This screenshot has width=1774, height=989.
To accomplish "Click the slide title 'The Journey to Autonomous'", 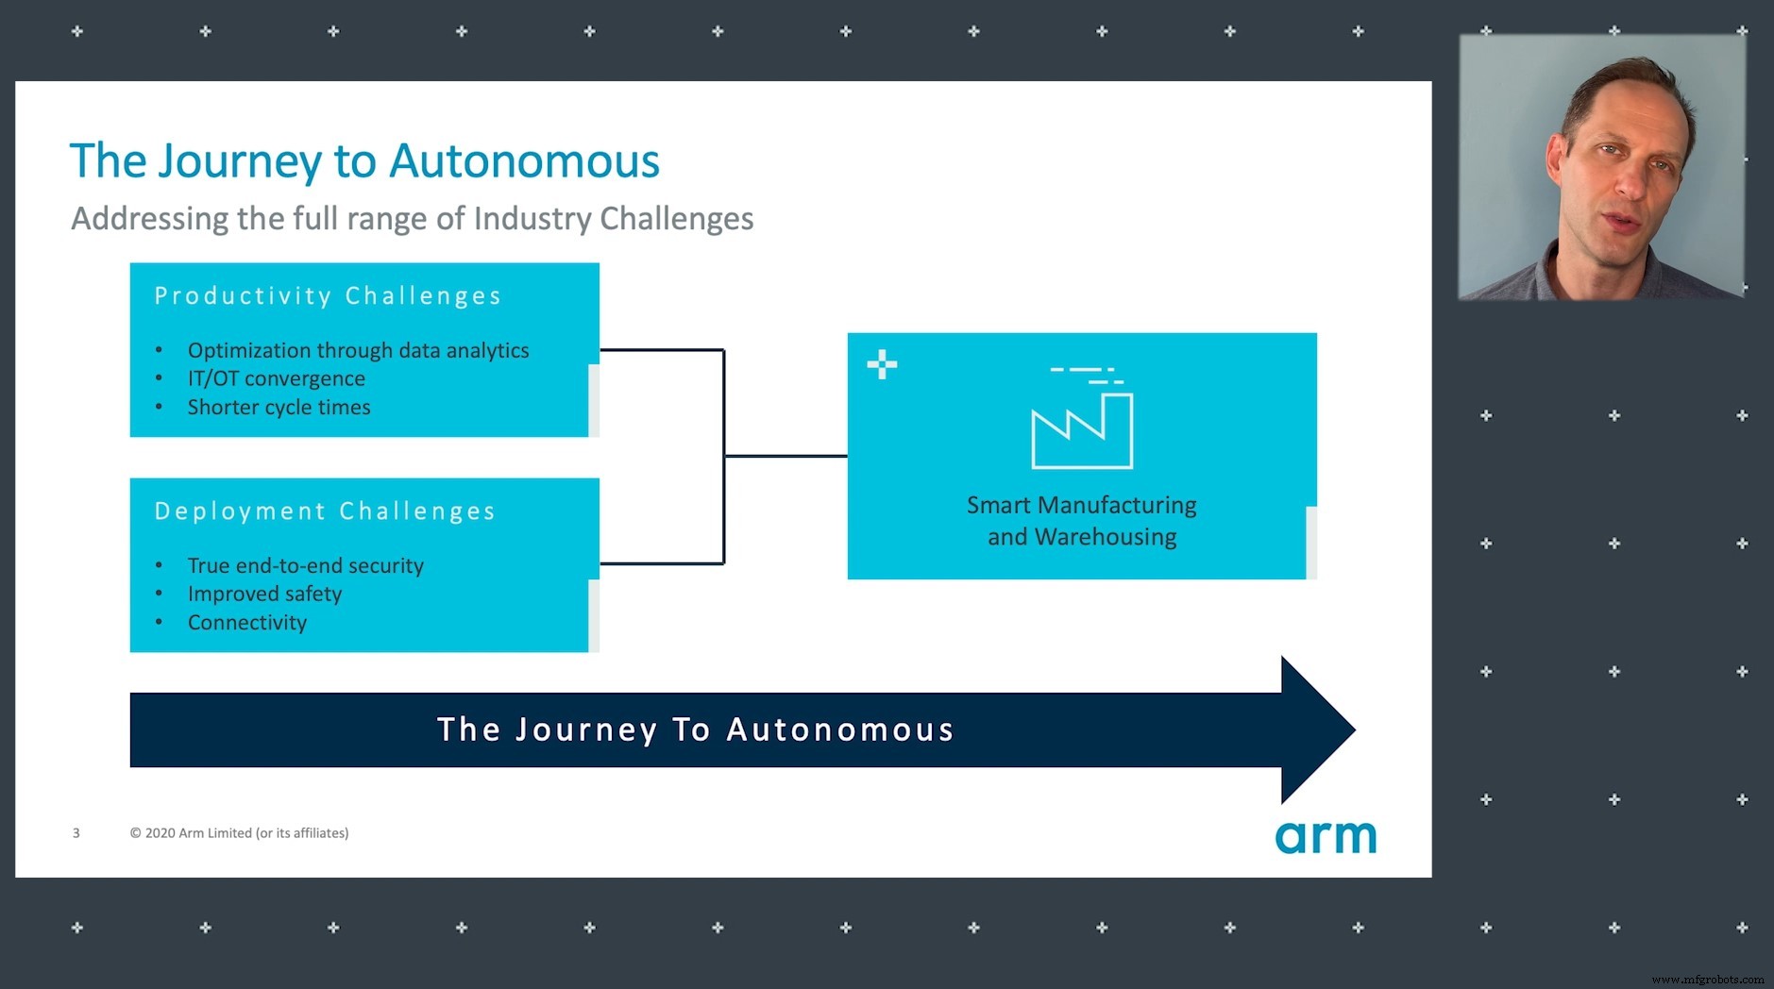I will [364, 161].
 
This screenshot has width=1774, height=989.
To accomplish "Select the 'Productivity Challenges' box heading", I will [328, 296].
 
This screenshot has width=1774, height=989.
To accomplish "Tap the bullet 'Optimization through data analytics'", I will [358, 350].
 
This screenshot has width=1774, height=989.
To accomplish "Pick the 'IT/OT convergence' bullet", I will [276, 378].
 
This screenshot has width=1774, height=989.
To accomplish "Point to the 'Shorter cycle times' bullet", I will [279, 407].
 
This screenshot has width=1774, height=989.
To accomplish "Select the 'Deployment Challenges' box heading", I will [325, 511].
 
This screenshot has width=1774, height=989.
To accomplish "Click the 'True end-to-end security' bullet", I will [305, 565].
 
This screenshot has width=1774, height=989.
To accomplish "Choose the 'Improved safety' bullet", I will [264, 594].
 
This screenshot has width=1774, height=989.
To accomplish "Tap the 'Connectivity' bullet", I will [246, 623].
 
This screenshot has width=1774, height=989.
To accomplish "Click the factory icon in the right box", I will [1082, 426].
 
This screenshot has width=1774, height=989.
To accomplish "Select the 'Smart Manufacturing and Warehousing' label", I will [1081, 521].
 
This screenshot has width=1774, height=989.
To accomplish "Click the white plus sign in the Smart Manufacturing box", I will [882, 364].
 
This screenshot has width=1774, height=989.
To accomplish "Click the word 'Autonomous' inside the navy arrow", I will [840, 729].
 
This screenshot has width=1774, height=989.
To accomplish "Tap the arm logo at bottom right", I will [1326, 837].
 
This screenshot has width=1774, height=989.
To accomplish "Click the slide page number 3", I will [76, 833].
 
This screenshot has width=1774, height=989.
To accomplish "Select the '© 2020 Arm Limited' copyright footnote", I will [239, 833].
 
